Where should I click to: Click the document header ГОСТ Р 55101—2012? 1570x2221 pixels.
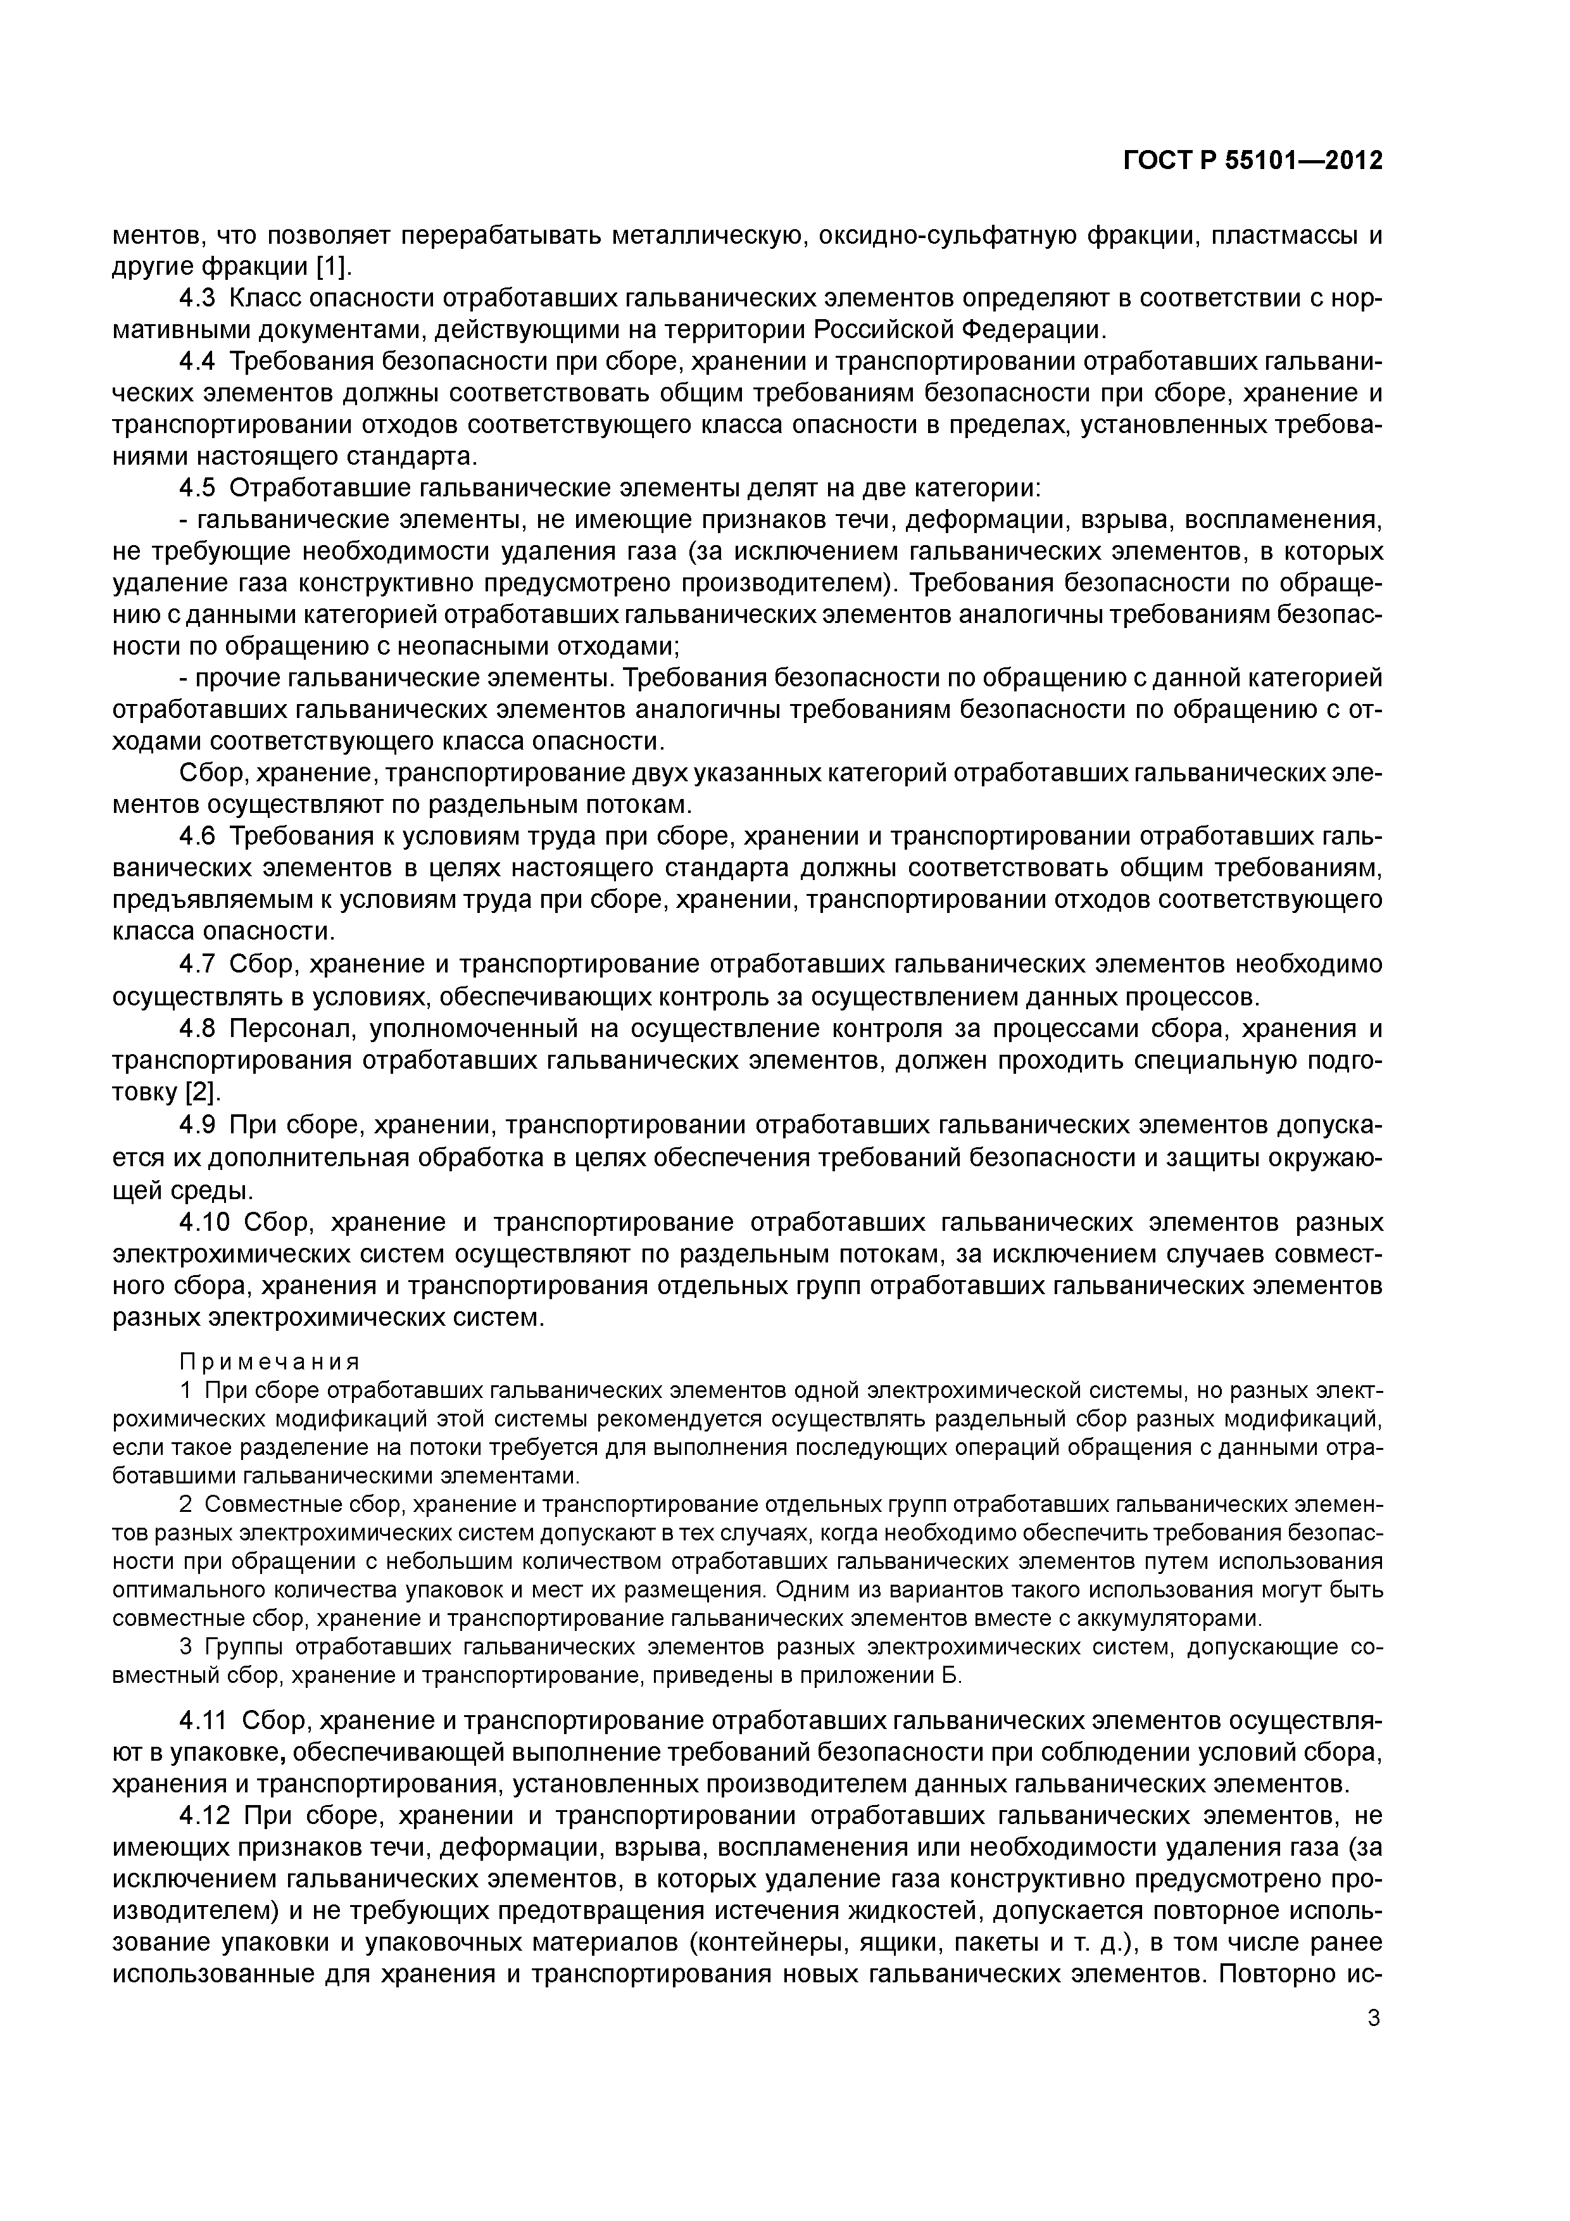(x=1252, y=161)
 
